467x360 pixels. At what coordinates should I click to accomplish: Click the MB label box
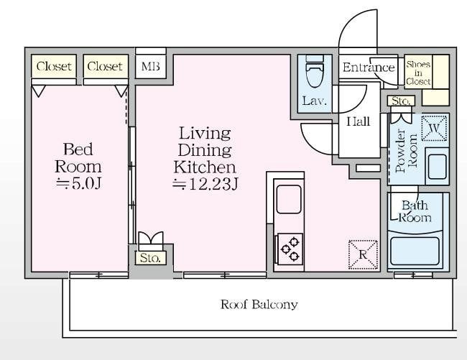(x=150, y=66)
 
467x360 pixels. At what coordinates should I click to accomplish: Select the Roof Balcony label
(x=259, y=305)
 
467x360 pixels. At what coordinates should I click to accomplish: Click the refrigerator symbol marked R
(x=363, y=255)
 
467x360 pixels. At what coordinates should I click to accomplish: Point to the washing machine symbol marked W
(x=434, y=129)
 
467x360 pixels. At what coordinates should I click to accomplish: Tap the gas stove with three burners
(x=290, y=249)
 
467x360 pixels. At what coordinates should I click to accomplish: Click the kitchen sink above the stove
(x=289, y=199)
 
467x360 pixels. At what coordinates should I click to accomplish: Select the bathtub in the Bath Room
(x=415, y=251)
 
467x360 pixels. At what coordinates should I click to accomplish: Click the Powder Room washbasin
(x=437, y=167)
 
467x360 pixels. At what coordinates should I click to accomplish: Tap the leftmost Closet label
(x=54, y=66)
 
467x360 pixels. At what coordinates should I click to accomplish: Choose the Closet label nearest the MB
(x=105, y=66)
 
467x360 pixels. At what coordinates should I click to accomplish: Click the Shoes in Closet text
(x=418, y=73)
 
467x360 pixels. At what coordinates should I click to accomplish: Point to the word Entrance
(x=369, y=68)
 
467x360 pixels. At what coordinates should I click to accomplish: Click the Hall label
(x=359, y=121)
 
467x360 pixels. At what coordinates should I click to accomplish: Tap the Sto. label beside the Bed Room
(x=150, y=258)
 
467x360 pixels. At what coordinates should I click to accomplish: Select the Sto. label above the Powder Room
(x=401, y=101)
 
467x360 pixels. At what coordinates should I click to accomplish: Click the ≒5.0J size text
(x=79, y=184)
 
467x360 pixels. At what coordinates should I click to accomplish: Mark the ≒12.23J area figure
(x=205, y=184)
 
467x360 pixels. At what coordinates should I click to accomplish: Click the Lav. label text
(x=315, y=101)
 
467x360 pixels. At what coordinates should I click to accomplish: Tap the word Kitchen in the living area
(x=205, y=167)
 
